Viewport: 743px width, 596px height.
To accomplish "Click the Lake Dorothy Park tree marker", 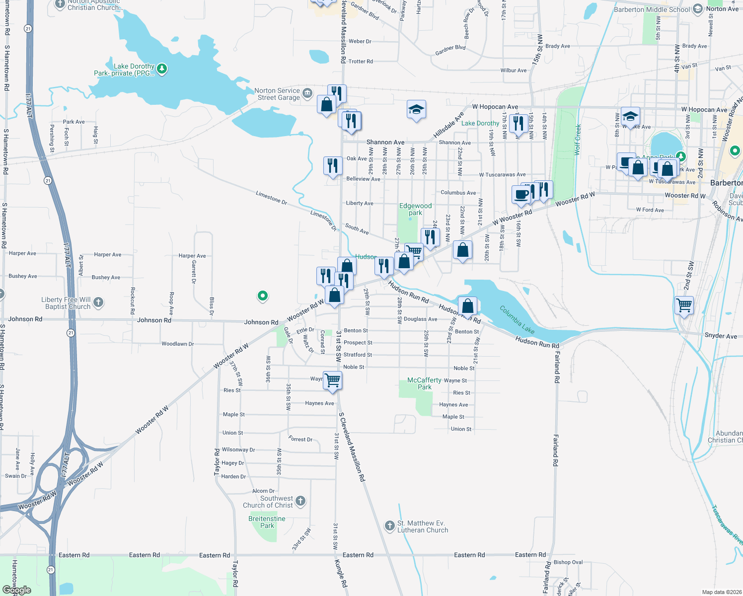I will pos(162,69).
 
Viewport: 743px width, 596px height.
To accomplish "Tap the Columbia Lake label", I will pos(517,320).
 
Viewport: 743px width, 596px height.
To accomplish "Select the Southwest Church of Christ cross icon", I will pos(300,501).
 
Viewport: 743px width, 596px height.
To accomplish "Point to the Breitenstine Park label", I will pos(267,522).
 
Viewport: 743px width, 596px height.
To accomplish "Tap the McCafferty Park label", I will pos(424,383).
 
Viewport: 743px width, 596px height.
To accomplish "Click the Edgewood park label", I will pos(416,209).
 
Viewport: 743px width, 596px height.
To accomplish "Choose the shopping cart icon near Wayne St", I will pos(332,380).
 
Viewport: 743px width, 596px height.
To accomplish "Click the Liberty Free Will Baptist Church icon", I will pos(98,302).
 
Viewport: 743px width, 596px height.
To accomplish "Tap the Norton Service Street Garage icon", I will pos(307,93).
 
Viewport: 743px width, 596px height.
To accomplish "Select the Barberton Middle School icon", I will pos(698,9).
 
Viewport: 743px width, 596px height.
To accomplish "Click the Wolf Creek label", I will pos(577,140).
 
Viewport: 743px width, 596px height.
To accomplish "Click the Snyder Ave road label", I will pos(721,336).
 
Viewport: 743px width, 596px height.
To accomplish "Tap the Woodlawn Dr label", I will pos(177,344).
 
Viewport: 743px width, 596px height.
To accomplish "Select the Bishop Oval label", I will pos(568,562).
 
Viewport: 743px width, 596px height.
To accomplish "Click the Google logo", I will pos(17,590).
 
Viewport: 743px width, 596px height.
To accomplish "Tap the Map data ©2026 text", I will pos(720,592).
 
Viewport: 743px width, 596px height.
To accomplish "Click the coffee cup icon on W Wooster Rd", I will pos(521,194).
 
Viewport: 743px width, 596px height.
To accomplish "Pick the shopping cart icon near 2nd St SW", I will pos(684,304).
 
